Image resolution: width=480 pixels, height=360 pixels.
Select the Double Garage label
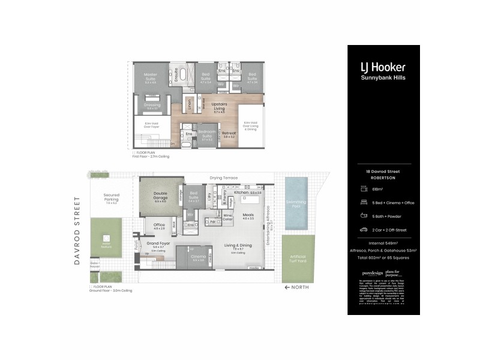[160, 196]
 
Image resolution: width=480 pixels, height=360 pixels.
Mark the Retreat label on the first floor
[229, 134]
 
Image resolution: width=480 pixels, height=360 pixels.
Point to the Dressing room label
[152, 106]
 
